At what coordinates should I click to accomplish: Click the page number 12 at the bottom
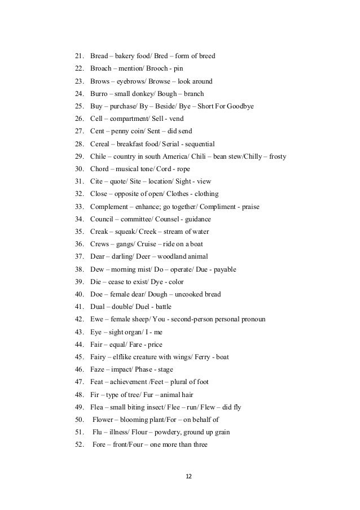click(188, 476)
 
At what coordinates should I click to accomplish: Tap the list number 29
click(79, 156)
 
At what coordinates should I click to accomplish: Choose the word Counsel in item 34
click(167, 219)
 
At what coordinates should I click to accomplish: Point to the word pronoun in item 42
click(254, 319)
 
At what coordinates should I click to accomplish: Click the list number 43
click(79, 332)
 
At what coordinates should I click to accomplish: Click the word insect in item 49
click(166, 407)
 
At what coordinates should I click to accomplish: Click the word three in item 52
click(199, 444)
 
